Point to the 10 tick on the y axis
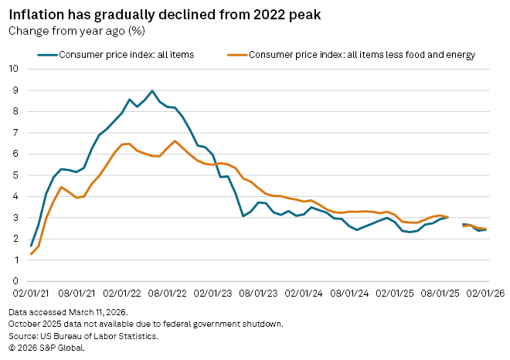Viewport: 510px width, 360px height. coord(12,69)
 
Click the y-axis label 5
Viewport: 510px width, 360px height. coord(15,175)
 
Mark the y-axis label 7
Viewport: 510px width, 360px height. coord(15,132)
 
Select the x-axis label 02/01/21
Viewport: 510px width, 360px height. coord(31,294)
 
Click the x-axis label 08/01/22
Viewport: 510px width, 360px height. coord(167,294)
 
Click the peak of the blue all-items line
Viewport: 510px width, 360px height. coord(151,90)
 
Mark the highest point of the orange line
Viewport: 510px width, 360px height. coord(175,141)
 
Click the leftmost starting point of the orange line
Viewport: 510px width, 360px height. coord(31,254)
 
